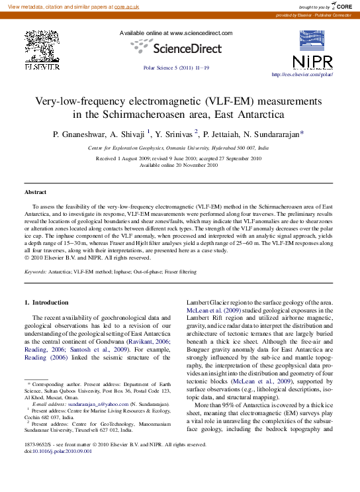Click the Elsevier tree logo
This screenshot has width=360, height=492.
42,47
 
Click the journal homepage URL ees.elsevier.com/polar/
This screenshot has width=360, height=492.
302,75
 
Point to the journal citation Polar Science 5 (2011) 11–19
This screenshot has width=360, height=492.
176,68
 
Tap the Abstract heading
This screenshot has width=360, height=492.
36,192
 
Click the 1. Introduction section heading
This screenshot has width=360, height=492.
46,303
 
